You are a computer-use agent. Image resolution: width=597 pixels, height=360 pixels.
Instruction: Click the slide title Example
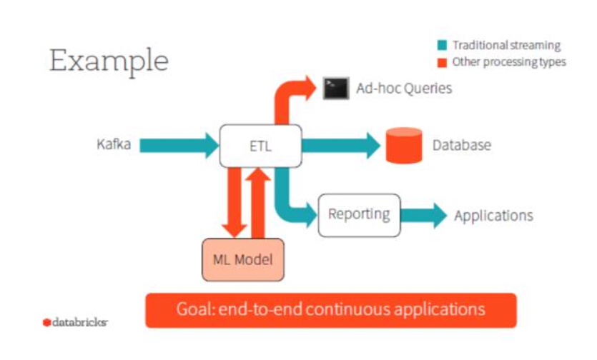[109, 61]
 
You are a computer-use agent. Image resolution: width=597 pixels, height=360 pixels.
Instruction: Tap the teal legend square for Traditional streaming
[442, 45]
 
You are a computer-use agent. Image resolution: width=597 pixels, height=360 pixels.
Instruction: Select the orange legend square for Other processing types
[442, 62]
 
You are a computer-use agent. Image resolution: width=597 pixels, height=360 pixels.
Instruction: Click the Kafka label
[114, 144]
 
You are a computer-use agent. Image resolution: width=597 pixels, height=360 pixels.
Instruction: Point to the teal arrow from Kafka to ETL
[179, 146]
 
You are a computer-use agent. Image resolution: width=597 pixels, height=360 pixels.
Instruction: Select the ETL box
[261, 146]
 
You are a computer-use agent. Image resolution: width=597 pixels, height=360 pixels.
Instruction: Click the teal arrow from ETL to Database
[341, 146]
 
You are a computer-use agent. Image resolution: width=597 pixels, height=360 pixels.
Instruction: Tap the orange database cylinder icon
[404, 146]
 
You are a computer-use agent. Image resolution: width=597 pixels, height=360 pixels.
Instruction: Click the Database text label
[462, 145]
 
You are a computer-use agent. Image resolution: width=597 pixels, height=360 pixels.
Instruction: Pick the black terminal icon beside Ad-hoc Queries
[336, 89]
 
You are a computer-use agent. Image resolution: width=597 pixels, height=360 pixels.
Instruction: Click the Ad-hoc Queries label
[404, 89]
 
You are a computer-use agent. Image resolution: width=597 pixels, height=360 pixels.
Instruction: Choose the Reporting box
[360, 216]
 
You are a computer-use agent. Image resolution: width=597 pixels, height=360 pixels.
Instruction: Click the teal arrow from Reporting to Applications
[424, 216]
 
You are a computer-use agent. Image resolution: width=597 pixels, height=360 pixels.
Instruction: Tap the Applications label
[493, 216]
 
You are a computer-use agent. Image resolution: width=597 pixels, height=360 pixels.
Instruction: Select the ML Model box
[243, 260]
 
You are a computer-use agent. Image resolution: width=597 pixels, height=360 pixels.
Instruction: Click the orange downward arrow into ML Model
[235, 202]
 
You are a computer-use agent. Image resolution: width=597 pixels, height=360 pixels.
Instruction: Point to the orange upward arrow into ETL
[258, 203]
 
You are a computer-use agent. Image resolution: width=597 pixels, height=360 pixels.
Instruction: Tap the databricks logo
[75, 322]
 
